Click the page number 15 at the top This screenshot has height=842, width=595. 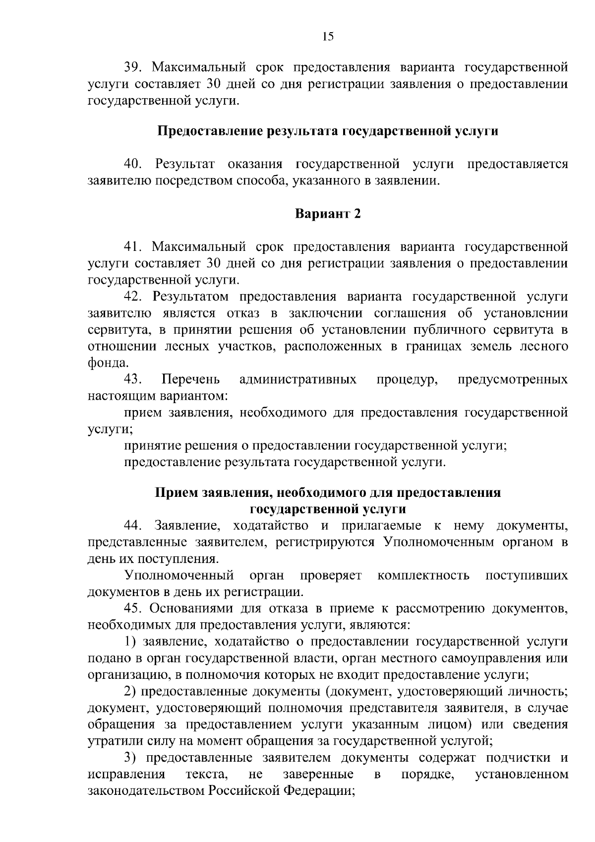[x=328, y=36]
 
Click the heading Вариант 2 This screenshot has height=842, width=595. [x=328, y=214]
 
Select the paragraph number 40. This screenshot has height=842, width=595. [x=133, y=164]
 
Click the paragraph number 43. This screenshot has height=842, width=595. [x=133, y=380]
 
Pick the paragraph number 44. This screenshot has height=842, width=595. [x=133, y=525]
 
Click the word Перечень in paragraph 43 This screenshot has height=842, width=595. [x=191, y=380]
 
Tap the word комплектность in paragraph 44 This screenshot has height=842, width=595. [x=423, y=575]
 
